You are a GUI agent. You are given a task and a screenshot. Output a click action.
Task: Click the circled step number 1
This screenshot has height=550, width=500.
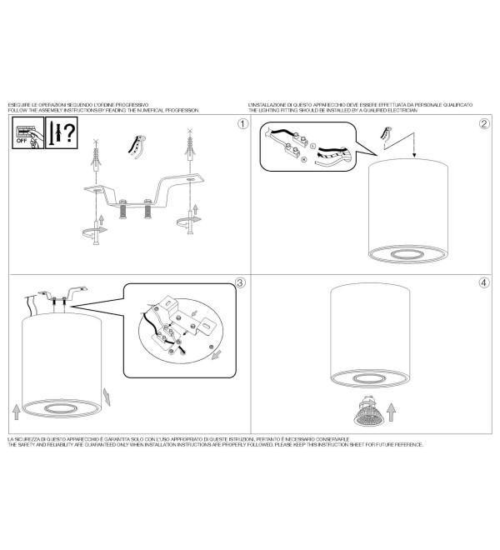pyautogui.click(x=242, y=123)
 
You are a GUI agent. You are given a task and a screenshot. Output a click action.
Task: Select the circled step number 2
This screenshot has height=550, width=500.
pyautogui.click(x=484, y=123)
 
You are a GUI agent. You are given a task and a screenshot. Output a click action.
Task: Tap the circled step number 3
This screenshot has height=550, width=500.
pyautogui.click(x=240, y=282)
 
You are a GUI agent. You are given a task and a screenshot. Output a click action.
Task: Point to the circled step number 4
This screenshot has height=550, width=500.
pyautogui.click(x=484, y=282)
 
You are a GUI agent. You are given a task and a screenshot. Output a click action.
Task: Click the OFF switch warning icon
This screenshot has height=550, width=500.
pyautogui.click(x=28, y=132)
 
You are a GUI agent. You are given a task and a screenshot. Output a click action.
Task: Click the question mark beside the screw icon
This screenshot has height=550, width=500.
pyautogui.click(x=70, y=132)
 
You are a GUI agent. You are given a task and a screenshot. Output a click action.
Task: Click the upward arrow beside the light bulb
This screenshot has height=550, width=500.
pyautogui.click(x=392, y=412)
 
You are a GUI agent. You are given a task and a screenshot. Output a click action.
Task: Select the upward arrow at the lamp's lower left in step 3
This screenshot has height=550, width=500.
pyautogui.click(x=16, y=412)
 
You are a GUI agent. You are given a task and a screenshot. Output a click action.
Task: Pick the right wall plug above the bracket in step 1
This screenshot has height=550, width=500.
pyautogui.click(x=190, y=145)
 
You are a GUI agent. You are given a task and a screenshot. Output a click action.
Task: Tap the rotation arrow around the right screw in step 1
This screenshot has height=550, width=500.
pyautogui.click(x=189, y=221)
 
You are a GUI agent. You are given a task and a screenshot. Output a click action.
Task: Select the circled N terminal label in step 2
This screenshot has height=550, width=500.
pyautogui.click(x=304, y=159)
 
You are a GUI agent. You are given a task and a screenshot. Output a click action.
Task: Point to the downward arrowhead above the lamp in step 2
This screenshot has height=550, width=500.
pyautogui.click(x=414, y=154)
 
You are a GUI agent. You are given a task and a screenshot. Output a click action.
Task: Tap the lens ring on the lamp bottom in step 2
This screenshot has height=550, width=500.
pyautogui.click(x=407, y=254)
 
